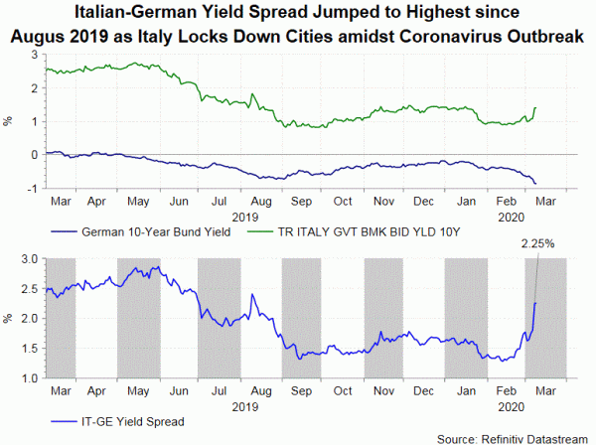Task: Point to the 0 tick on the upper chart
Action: click(35, 155)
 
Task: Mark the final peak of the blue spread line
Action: click(535, 302)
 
